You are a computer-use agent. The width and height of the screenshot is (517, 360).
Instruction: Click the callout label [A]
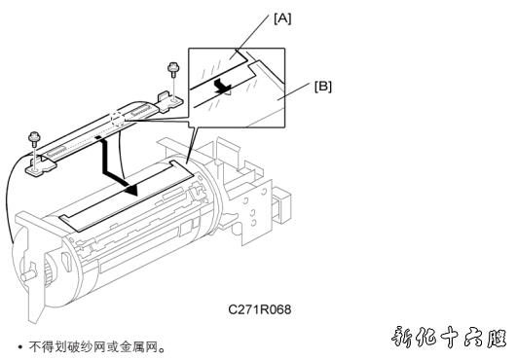(x=282, y=18)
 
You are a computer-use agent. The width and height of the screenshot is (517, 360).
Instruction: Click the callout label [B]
(x=323, y=87)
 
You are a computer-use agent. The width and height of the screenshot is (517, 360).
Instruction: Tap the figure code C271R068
(x=260, y=309)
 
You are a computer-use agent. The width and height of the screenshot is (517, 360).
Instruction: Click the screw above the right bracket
(x=171, y=68)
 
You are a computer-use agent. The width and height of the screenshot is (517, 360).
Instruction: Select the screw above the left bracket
(x=34, y=137)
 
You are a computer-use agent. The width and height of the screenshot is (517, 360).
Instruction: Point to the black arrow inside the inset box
(x=222, y=86)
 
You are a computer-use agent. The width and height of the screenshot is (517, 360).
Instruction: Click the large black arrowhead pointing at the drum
(x=131, y=189)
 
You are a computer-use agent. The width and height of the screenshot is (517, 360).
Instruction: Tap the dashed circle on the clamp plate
(x=118, y=120)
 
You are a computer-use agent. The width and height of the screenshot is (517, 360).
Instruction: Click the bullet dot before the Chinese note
(x=20, y=347)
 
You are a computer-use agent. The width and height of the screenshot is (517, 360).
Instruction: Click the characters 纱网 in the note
(x=93, y=346)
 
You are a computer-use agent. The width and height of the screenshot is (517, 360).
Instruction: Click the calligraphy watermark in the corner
(x=450, y=338)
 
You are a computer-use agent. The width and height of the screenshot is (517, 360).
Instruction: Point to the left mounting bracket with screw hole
(x=40, y=166)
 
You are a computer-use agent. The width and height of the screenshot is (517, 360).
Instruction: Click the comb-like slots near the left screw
(x=59, y=151)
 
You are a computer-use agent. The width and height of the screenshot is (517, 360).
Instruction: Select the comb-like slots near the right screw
(x=141, y=109)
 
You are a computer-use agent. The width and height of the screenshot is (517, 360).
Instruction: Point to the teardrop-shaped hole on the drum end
(x=66, y=260)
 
